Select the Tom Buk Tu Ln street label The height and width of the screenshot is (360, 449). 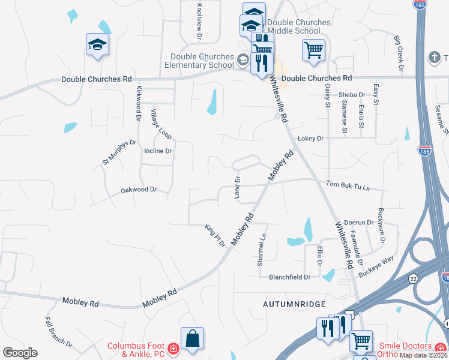(348, 186)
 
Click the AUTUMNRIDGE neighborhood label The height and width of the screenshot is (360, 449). (294, 305)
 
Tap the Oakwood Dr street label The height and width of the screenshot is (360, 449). (138, 190)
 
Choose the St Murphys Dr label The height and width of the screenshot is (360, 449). (119, 152)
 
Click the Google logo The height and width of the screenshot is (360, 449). (20, 353)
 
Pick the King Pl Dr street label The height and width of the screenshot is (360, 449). (215, 236)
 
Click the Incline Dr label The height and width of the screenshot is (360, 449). (158, 151)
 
